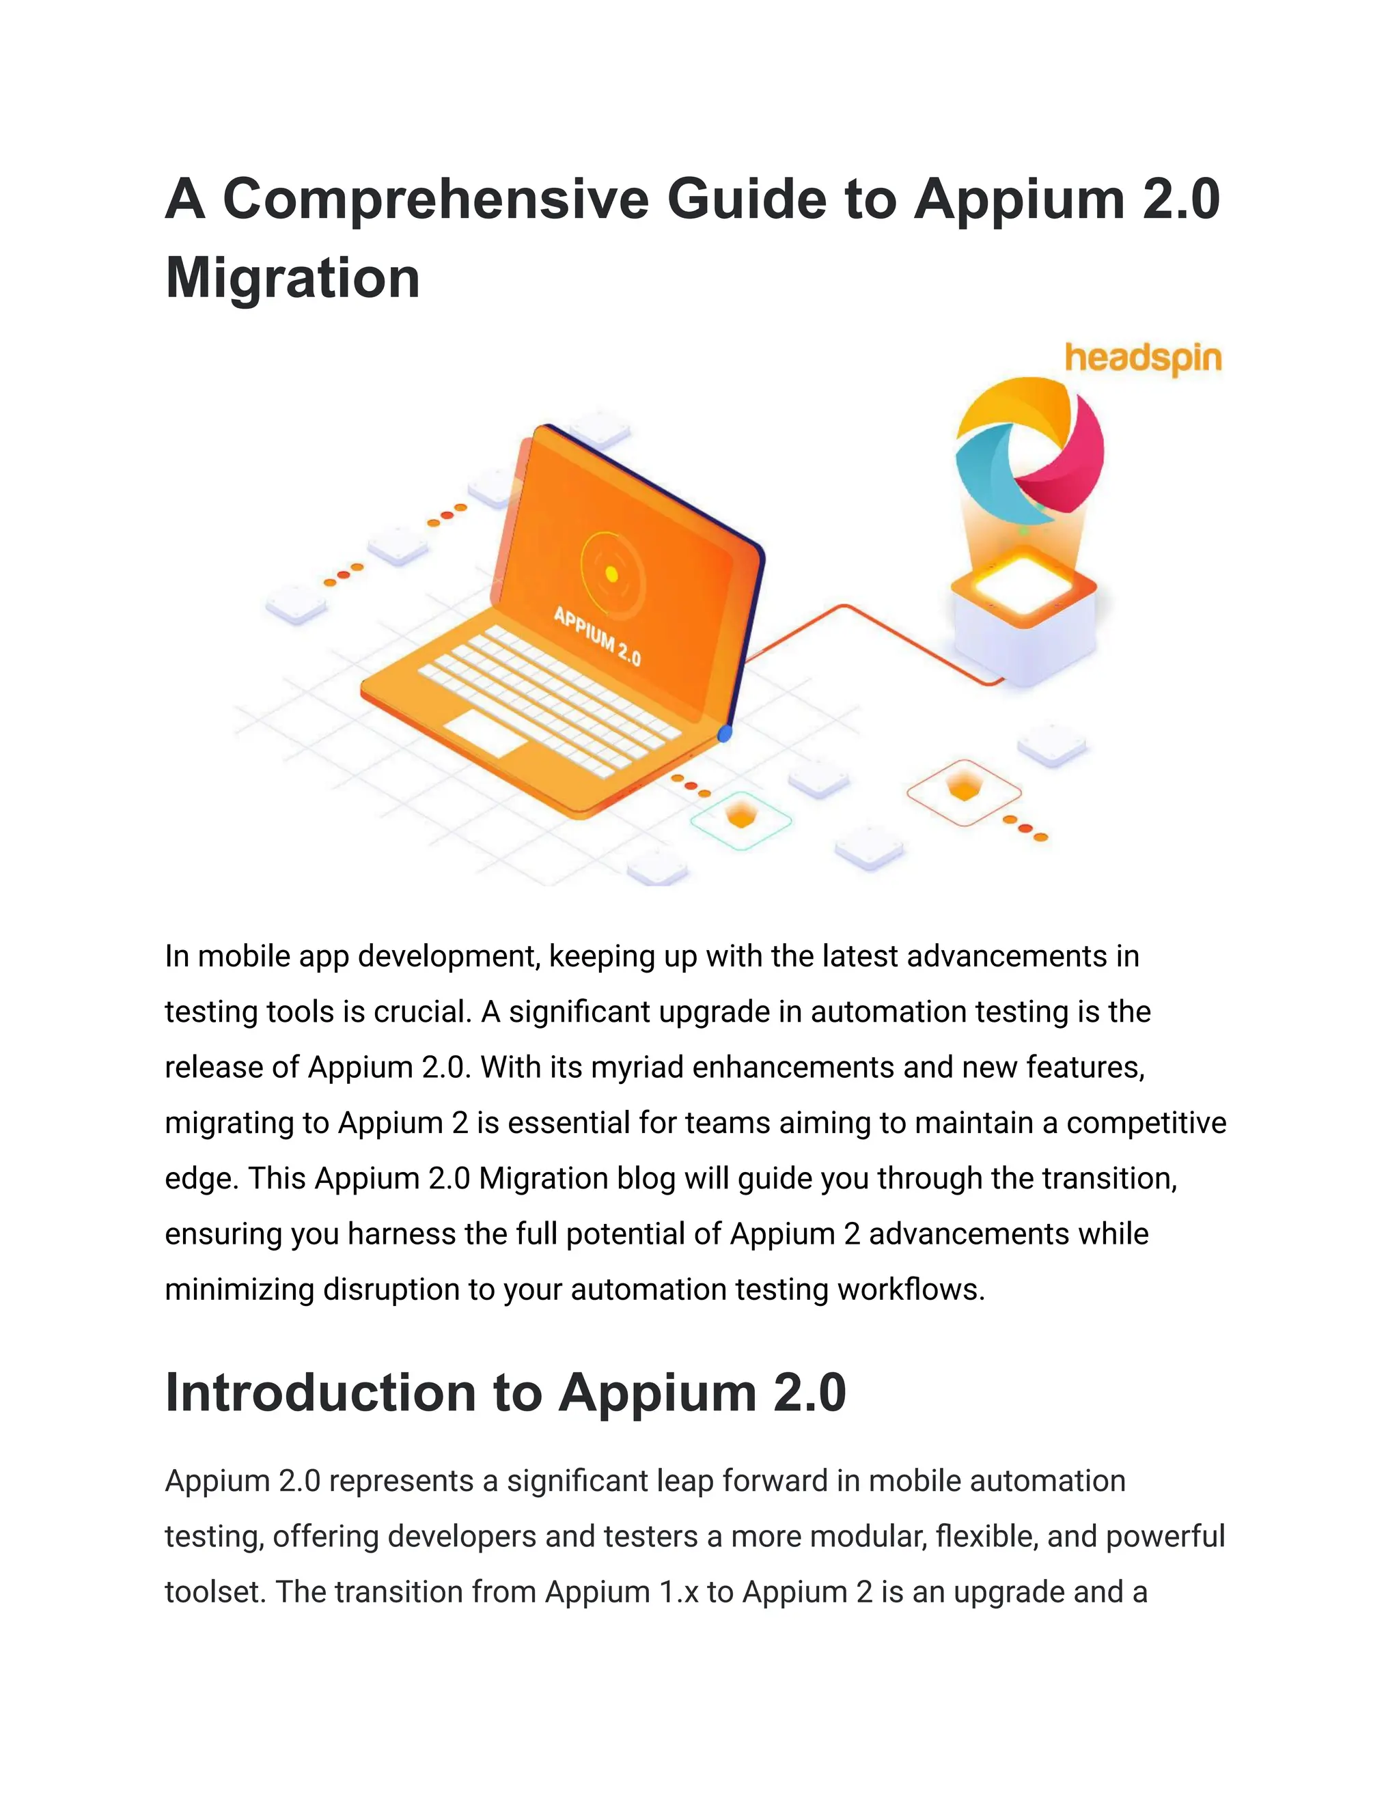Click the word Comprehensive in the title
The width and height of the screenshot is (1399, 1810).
tap(435, 199)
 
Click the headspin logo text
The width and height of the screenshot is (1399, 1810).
tap(1143, 358)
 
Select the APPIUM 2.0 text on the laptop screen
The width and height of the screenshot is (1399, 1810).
tap(597, 637)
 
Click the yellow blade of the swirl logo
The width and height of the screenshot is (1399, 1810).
tap(1015, 406)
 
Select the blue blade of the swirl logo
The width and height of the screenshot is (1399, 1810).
tap(986, 481)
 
